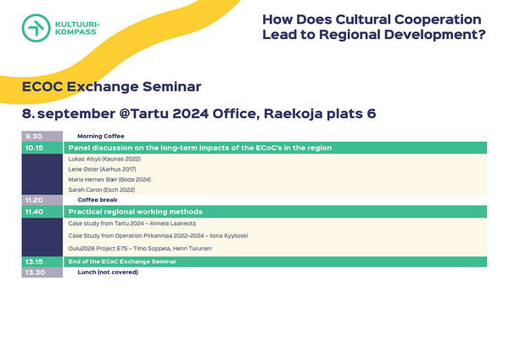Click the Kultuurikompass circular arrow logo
36,28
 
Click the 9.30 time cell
42,136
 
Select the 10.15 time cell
42,148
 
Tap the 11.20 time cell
42,200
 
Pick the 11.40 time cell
42,212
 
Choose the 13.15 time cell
42,262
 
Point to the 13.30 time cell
42,273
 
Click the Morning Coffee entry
101,136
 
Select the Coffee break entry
98,200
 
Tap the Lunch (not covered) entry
108,273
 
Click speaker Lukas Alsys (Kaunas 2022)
104,159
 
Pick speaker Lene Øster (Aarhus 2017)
102,169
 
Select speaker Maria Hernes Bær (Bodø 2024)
109,180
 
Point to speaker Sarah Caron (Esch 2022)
102,189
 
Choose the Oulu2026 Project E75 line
140,249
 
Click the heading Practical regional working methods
136,212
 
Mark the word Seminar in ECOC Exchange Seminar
171,87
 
